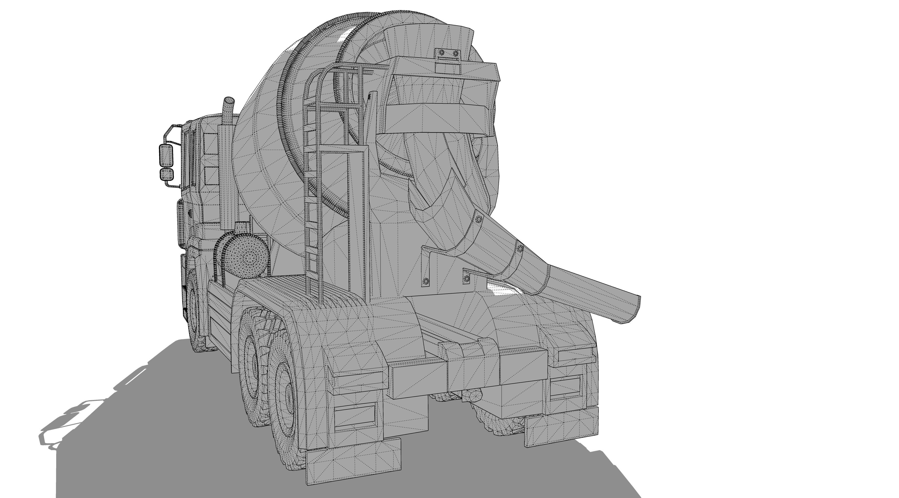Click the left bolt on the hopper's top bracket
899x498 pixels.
[x=441, y=53]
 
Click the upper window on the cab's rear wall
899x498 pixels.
[x=211, y=143]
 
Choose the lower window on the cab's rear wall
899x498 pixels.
[x=211, y=175]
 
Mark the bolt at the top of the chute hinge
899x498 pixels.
[x=478, y=219]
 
